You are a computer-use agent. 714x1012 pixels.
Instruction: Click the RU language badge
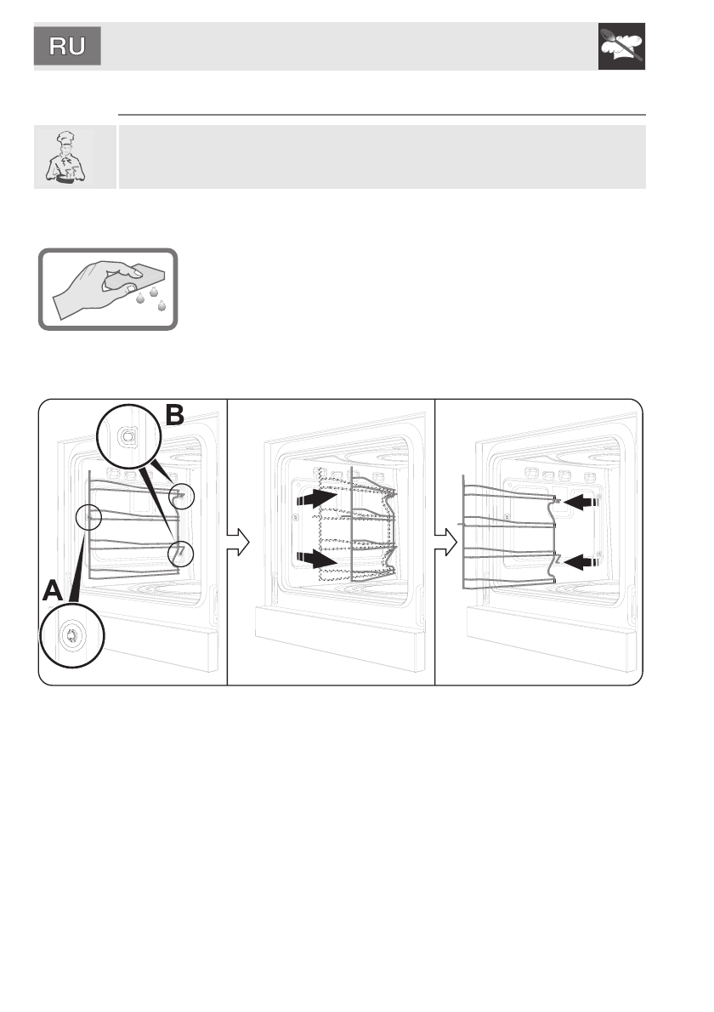click(x=68, y=46)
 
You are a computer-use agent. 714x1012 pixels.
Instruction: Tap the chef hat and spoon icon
click(x=621, y=46)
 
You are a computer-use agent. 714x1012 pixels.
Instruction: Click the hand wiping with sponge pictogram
click(x=108, y=289)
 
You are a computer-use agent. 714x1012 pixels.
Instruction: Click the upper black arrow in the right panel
click(x=581, y=503)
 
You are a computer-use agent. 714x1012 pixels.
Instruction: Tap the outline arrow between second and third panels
click(x=445, y=541)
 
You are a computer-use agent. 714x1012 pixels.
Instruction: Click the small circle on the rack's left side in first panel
click(x=89, y=515)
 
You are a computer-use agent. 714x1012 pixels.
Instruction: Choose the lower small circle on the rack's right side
click(x=182, y=554)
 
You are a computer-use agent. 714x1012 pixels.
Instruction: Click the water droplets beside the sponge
click(x=153, y=298)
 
